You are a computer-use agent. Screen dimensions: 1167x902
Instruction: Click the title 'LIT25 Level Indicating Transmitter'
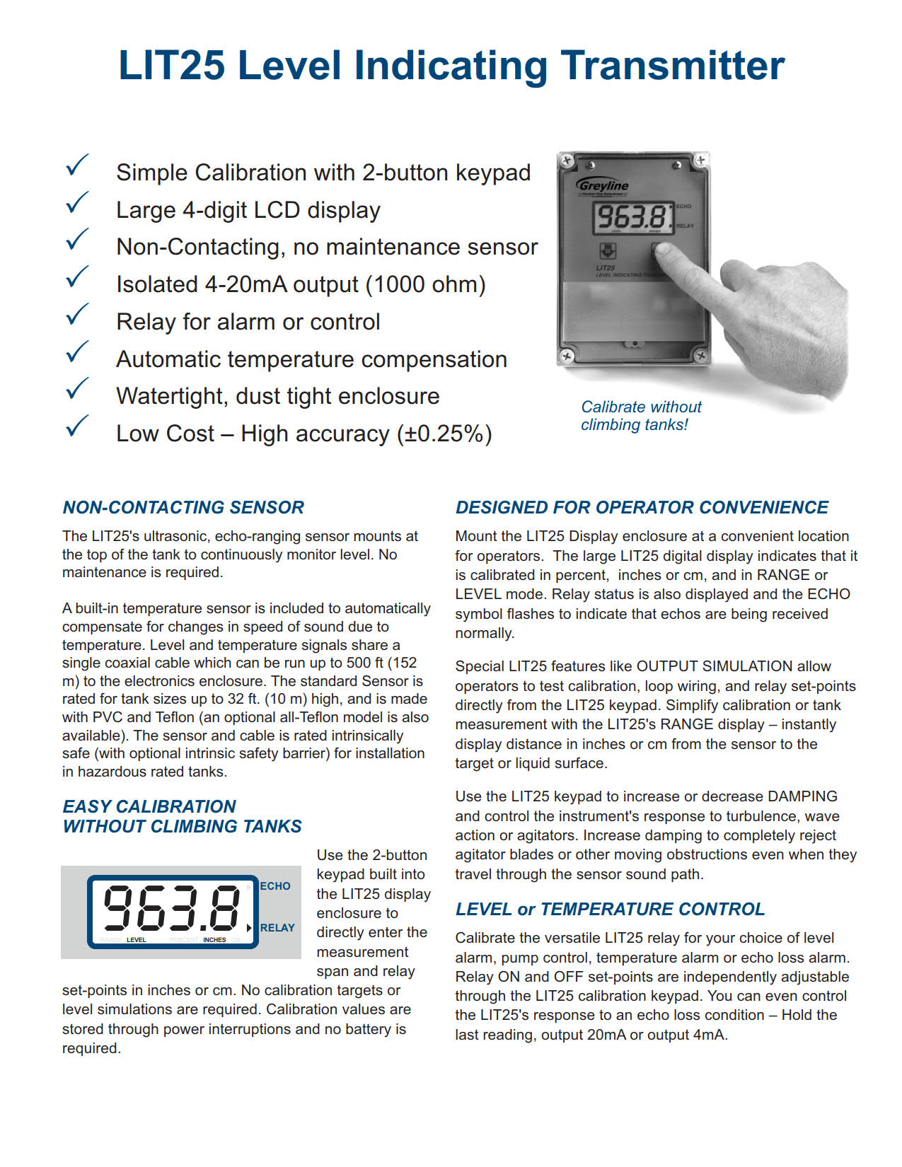[x=451, y=65]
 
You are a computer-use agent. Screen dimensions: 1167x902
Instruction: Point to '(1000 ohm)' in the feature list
[x=425, y=284]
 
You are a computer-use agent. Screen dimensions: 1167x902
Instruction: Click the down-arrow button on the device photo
[x=607, y=251]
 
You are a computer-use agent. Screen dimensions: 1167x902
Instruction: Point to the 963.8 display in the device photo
[x=632, y=216]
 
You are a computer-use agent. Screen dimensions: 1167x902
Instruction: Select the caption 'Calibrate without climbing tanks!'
[x=640, y=416]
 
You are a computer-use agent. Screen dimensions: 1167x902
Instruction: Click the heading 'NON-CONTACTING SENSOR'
[x=183, y=507]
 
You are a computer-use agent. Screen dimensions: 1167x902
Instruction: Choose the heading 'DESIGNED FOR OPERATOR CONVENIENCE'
[x=642, y=507]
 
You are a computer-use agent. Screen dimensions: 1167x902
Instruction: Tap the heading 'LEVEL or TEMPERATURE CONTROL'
[x=610, y=909]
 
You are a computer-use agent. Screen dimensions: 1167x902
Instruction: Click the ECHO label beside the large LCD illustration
[x=275, y=886]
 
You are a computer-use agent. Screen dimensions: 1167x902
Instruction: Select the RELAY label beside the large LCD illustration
[x=277, y=927]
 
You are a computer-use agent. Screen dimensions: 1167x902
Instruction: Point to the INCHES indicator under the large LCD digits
[x=214, y=940]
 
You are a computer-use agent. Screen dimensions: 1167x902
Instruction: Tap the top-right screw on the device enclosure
[x=700, y=161]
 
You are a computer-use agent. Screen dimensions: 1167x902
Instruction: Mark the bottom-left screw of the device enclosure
[x=567, y=356]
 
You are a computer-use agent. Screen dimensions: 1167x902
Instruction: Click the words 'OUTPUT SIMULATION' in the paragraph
[x=715, y=666]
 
